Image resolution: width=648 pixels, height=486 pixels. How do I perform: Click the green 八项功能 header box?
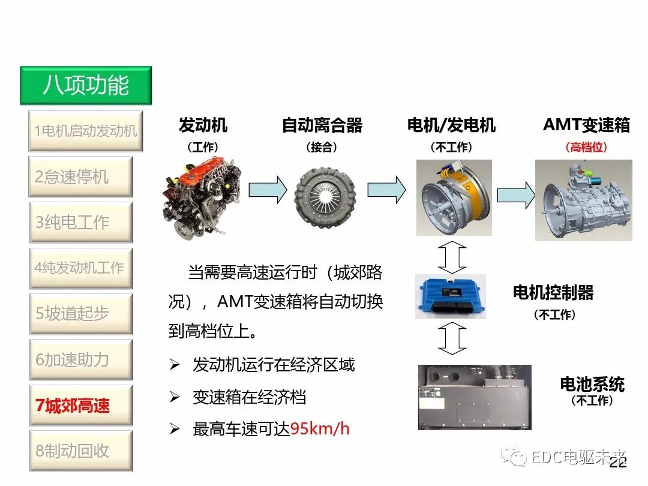(x=86, y=85)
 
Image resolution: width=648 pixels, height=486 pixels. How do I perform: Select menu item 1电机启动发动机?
(x=86, y=130)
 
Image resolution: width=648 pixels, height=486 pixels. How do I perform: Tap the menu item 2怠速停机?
(x=80, y=176)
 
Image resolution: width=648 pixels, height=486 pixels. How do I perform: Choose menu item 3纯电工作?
(x=80, y=222)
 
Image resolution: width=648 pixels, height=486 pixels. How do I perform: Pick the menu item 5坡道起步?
(x=80, y=313)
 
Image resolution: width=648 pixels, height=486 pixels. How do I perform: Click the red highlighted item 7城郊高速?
(x=80, y=406)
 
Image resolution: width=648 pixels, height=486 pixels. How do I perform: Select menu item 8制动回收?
(x=80, y=451)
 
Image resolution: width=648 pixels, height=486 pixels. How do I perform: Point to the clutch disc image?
(x=325, y=192)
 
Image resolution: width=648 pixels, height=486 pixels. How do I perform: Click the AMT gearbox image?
(x=583, y=199)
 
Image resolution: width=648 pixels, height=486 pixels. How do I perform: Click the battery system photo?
(x=474, y=397)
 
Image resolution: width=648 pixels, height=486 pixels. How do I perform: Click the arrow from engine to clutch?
(x=268, y=190)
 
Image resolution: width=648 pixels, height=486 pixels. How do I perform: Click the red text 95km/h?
(x=320, y=428)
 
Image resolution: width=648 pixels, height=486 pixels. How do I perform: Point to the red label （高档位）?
(x=586, y=147)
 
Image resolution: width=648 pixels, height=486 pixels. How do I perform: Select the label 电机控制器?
(x=553, y=292)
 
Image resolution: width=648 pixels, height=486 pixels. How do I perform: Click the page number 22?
(x=618, y=463)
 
